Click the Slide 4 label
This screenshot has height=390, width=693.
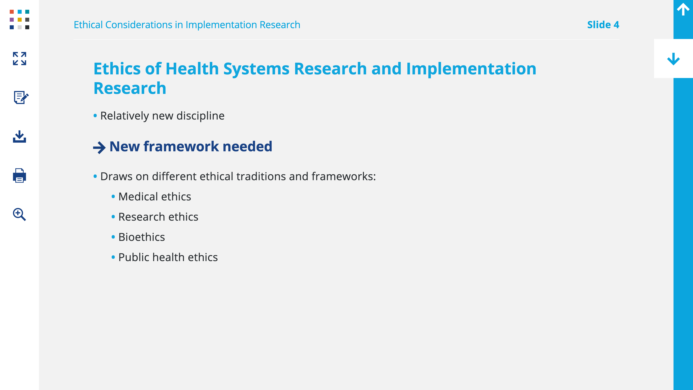click(603, 25)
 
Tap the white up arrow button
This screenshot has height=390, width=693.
click(683, 9)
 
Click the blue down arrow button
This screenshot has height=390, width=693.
click(673, 59)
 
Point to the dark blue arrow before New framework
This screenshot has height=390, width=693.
click(99, 148)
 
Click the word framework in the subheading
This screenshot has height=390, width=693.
click(181, 146)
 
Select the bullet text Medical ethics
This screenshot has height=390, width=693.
click(155, 197)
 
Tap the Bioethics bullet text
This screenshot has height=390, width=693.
click(141, 237)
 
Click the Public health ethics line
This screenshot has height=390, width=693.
click(168, 257)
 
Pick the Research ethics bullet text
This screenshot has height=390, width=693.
click(158, 217)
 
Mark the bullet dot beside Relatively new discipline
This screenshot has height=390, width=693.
click(95, 116)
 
